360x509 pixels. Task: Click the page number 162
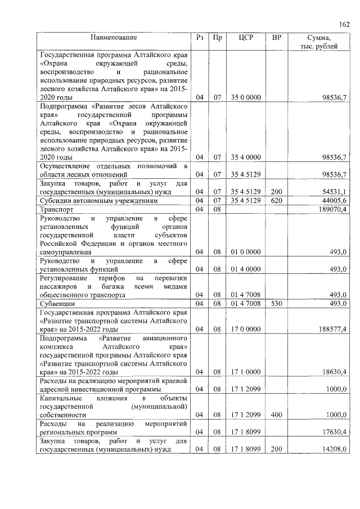[344, 24]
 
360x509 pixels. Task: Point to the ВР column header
[276, 38]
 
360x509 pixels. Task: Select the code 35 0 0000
[245, 97]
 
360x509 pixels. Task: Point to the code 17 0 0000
[245, 328]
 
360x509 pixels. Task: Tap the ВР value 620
[276, 201]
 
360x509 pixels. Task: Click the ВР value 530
[276, 304]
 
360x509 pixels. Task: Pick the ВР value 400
[276, 415]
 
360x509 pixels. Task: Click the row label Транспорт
[57, 209]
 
